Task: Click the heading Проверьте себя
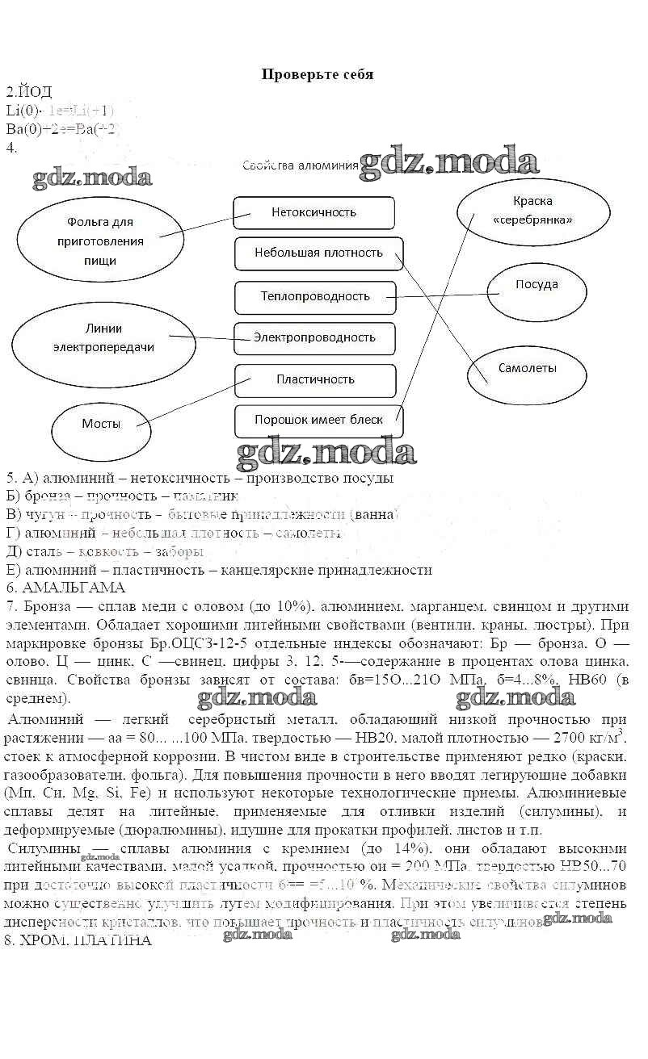pyautogui.click(x=318, y=74)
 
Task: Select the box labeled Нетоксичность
pyautogui.click(x=313, y=213)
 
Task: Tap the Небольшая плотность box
pyautogui.click(x=318, y=253)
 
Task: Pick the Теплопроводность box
pyautogui.click(x=315, y=296)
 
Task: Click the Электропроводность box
pyautogui.click(x=314, y=337)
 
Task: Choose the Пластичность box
pyautogui.click(x=315, y=379)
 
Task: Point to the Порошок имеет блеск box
pyautogui.click(x=318, y=420)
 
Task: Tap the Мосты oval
pyautogui.click(x=101, y=424)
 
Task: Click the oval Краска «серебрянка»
pyautogui.click(x=532, y=211)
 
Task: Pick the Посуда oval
pyautogui.click(x=536, y=285)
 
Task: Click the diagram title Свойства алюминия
pyautogui.click(x=300, y=165)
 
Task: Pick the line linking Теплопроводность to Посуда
pyautogui.click(x=440, y=296)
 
